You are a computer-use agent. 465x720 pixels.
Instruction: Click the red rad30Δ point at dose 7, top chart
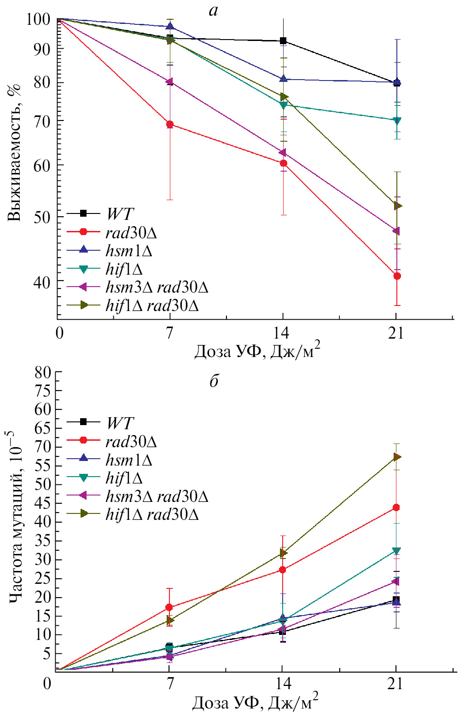tap(170, 124)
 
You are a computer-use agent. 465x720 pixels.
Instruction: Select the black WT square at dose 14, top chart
tap(283, 41)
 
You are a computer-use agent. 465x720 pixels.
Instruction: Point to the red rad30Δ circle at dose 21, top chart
tap(397, 276)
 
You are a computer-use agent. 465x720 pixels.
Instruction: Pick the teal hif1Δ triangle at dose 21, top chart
tap(397, 121)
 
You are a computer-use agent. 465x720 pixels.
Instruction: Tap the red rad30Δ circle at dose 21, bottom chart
tap(396, 507)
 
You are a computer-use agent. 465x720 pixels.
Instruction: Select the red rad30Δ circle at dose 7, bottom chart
tap(169, 607)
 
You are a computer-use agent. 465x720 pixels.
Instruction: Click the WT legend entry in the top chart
tap(119, 214)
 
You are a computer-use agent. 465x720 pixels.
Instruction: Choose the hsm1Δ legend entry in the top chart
tap(128, 251)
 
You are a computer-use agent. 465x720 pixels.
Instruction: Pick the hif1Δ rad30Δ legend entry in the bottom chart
tap(152, 514)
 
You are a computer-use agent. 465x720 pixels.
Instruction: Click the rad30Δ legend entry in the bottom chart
tap(131, 442)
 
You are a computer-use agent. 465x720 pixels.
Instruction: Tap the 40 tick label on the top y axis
tap(41, 282)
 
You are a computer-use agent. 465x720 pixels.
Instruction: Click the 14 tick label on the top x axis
tap(283, 333)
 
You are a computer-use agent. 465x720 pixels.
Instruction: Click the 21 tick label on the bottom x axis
tap(395, 684)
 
